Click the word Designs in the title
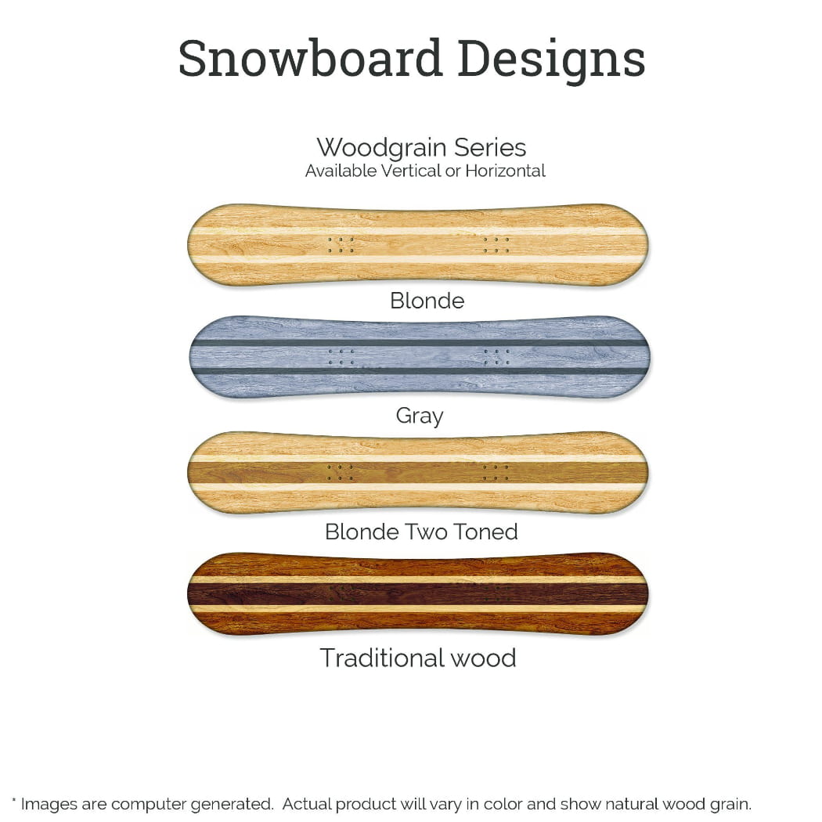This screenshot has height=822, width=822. pyautogui.click(x=551, y=59)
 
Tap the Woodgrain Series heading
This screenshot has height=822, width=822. pyautogui.click(x=421, y=147)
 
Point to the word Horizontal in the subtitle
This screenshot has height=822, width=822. pyautogui.click(x=505, y=171)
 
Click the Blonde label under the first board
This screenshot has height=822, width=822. pyautogui.click(x=427, y=301)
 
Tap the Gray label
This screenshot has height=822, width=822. pyautogui.click(x=420, y=416)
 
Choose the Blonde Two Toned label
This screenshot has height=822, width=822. pyautogui.click(x=421, y=532)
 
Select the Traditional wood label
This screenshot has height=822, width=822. pyautogui.click(x=418, y=658)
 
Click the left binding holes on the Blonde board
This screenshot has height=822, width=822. pyautogui.click(x=341, y=245)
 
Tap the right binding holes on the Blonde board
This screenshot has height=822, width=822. pyautogui.click(x=496, y=245)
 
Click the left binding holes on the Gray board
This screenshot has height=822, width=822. pyautogui.click(x=341, y=357)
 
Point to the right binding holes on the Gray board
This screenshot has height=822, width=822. pyautogui.click(x=496, y=357)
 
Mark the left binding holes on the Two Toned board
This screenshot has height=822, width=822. pyautogui.click(x=341, y=472)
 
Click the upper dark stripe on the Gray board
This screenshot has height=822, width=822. pyautogui.click(x=420, y=343)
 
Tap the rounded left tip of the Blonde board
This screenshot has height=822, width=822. pyautogui.click(x=197, y=244)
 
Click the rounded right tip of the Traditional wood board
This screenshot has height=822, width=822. pyautogui.click(x=640, y=593)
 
